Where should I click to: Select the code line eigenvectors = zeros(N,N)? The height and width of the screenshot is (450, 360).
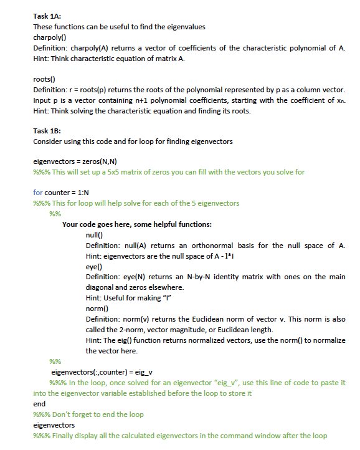74,161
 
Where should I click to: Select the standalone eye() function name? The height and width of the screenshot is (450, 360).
93,266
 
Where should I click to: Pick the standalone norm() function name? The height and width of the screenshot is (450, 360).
97,309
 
